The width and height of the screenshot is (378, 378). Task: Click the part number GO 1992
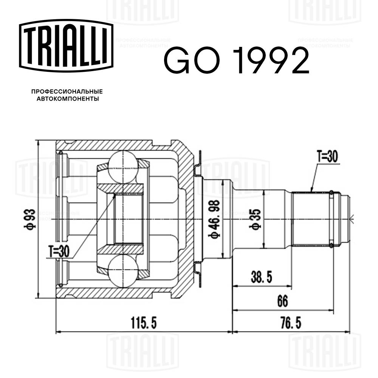[236, 61]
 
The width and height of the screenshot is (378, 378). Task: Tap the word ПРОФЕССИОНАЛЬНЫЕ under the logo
[67, 91]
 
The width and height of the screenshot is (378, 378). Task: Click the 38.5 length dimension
[261, 277]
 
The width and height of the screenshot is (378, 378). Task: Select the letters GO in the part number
[190, 61]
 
